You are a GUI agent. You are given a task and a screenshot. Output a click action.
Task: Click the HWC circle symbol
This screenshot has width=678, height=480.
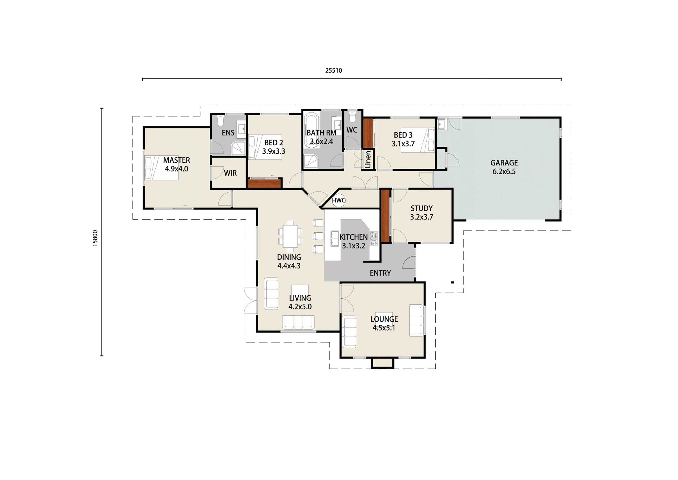click(338, 200)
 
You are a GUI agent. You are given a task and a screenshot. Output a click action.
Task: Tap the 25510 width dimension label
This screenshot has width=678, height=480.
click(334, 70)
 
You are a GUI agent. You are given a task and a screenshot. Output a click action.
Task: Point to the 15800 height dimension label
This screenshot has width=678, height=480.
click(95, 238)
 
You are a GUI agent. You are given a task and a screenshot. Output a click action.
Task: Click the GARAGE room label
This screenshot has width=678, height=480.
click(504, 163)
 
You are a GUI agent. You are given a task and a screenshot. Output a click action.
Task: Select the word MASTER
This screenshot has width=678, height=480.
click(177, 160)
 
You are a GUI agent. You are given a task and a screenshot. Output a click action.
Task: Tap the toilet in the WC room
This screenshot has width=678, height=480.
click(352, 116)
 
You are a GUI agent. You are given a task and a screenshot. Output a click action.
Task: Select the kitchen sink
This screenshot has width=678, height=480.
click(334, 239)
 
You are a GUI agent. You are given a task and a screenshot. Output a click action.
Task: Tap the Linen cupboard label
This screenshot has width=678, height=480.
click(368, 160)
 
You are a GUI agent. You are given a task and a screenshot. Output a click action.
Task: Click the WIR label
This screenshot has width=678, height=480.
click(230, 173)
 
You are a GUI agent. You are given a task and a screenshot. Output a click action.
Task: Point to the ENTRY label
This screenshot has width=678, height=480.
click(380, 273)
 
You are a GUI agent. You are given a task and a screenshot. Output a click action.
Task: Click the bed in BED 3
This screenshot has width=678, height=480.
click(418, 140)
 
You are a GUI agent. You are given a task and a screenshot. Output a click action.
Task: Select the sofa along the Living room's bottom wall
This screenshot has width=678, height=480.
click(298, 322)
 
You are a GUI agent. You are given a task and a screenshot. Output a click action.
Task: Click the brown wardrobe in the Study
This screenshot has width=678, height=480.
click(385, 216)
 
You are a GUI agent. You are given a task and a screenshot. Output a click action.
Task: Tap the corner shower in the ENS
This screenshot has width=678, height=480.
click(238, 148)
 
